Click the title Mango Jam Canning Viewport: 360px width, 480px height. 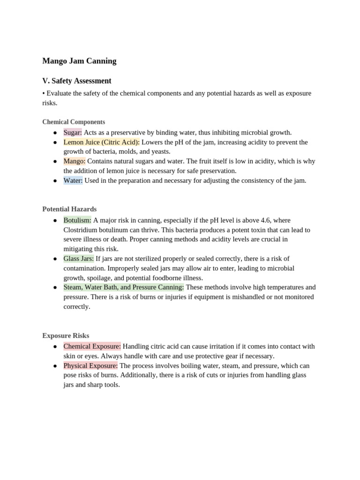pos(79,61)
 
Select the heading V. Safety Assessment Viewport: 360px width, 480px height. pos(76,81)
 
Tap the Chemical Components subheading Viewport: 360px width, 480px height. pos(74,122)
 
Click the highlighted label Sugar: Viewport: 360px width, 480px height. pos(73,133)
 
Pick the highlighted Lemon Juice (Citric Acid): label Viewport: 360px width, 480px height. pos(101,142)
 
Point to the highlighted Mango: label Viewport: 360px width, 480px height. pos(74,161)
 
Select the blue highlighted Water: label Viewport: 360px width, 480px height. pos(73,180)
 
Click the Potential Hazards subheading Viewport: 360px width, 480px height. pos(69,209)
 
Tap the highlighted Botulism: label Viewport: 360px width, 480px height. pos(77,220)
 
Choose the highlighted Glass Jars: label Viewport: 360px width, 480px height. pos(78,259)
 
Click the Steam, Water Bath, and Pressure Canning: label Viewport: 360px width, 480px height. pos(124,287)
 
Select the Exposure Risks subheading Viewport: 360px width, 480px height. pos(66,336)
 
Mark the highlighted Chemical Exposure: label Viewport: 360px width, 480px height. pos(92,346)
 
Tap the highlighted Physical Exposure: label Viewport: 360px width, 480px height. pos(90,366)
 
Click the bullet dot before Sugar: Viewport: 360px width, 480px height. pos(55,133)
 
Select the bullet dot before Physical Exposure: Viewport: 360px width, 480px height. pos(55,366)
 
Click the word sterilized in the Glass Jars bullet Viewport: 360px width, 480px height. pos(155,259)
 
